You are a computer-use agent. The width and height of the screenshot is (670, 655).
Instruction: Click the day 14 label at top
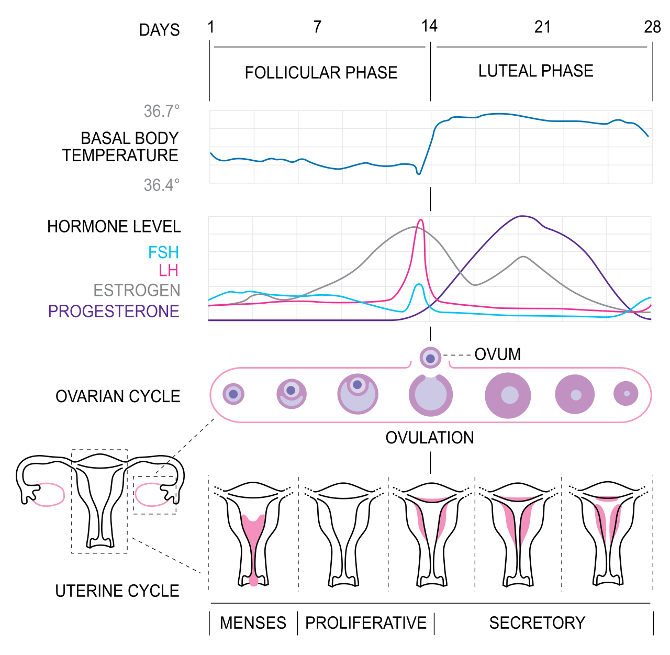429,26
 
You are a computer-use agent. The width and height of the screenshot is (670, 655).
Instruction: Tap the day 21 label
543,27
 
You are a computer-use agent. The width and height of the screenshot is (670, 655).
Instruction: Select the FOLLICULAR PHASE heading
321,72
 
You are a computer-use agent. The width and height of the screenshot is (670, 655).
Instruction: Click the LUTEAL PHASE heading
535,71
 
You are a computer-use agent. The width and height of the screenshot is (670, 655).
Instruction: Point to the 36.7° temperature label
162,111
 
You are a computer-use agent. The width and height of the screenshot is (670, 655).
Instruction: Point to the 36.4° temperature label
162,185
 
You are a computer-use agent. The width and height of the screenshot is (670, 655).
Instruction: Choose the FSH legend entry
163,252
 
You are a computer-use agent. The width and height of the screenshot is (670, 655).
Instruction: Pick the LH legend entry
169,270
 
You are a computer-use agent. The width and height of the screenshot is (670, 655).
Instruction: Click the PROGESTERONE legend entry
114,311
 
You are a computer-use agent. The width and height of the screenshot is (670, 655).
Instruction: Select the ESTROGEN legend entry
137,290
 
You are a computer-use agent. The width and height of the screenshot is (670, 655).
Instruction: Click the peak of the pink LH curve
420,220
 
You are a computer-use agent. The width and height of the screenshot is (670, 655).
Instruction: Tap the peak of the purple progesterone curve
521,216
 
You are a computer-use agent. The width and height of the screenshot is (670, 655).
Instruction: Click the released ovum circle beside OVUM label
430,358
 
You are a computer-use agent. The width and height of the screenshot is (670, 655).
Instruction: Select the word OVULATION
429,438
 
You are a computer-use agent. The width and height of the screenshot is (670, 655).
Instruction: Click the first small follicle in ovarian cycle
233,394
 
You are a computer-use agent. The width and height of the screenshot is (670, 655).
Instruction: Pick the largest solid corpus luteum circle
508,395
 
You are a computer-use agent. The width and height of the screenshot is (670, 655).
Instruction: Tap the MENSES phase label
253,623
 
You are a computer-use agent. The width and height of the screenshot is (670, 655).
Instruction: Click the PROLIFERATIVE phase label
366,623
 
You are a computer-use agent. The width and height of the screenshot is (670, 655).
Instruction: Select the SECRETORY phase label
537,623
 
